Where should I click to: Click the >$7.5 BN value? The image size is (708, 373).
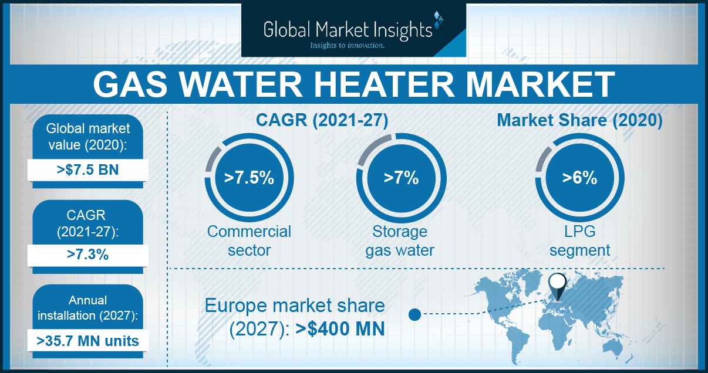click(x=87, y=170)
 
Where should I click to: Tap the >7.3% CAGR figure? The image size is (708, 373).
click(x=87, y=255)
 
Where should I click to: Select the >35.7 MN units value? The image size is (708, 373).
click(x=87, y=341)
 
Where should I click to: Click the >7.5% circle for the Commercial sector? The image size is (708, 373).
click(x=249, y=178)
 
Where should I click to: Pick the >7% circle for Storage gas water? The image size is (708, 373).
click(x=401, y=178)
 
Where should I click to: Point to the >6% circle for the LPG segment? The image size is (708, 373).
click(x=579, y=178)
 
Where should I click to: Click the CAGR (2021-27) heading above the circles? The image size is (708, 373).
click(x=322, y=120)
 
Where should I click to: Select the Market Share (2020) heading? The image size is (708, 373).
click(x=579, y=120)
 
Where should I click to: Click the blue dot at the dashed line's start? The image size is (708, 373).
click(x=414, y=314)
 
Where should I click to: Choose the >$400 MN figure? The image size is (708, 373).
click(x=340, y=329)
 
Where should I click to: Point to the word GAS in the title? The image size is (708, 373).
click(x=130, y=85)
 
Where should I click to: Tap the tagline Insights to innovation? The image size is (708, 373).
click(x=347, y=46)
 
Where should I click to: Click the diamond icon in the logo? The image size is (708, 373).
click(x=439, y=20)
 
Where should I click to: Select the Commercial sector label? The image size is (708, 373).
click(x=249, y=241)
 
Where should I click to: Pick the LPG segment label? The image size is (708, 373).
click(x=579, y=241)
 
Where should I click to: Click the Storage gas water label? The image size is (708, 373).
click(x=400, y=241)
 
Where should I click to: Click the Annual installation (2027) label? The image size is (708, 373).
click(x=87, y=308)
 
